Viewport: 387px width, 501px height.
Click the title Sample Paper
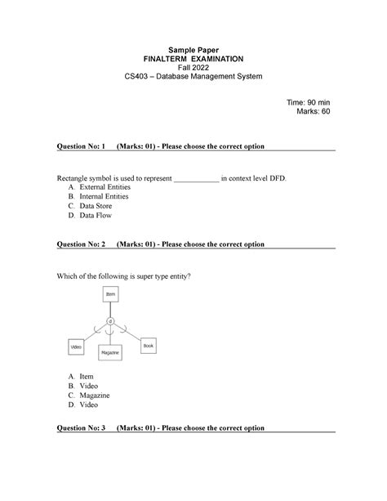[x=194, y=49]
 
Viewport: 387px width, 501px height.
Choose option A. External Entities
[x=103, y=187]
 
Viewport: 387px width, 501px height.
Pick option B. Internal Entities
[x=103, y=197]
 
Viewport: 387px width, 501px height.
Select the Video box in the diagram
[x=76, y=347]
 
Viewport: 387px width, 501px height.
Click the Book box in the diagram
[x=148, y=346]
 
